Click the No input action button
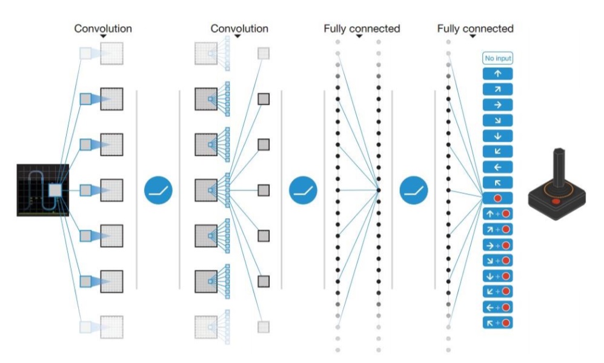click(497, 58)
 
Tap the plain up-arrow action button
click(497, 73)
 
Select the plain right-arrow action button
click(497, 105)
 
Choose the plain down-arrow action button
click(497, 136)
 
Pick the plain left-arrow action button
click(497, 167)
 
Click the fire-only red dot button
click(497, 198)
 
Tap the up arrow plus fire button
click(497, 214)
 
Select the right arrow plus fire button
click(497, 245)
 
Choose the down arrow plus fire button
click(497, 276)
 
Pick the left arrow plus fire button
click(497, 307)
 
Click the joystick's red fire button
click(556, 201)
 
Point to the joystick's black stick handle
click(559, 168)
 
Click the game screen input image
click(43, 190)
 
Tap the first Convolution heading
click(103, 28)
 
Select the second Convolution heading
click(239, 28)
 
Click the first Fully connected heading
click(362, 28)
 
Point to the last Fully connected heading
click(475, 28)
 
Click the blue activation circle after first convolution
click(158, 190)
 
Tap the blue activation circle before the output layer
click(413, 190)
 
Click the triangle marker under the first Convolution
click(103, 36)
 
